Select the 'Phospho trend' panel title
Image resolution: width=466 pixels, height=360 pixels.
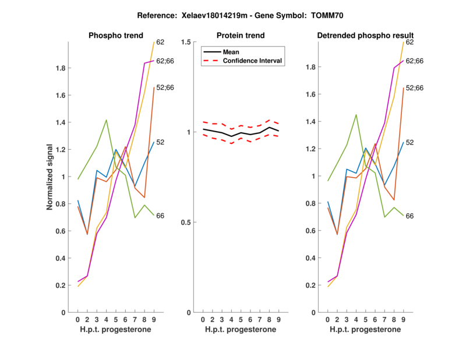[116, 36]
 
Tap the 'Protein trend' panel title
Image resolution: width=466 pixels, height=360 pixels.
[241, 36]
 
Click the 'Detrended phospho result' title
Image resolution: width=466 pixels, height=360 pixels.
[365, 36]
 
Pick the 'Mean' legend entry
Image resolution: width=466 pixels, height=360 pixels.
[231, 52]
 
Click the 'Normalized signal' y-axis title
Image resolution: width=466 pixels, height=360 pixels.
[50, 177]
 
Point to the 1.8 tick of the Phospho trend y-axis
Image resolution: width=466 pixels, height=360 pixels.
[63, 68]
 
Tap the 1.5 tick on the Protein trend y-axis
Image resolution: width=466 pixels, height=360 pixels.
[186, 42]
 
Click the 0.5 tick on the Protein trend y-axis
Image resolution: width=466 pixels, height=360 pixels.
[186, 223]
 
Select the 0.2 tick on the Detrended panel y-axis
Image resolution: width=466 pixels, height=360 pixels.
[313, 285]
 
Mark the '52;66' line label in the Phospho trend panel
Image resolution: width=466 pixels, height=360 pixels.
[165, 88]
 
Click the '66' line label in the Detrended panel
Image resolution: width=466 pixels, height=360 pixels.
[409, 216]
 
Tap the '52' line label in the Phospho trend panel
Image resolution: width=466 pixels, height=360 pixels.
[160, 142]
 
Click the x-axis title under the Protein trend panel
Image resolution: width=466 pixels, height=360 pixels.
[241, 330]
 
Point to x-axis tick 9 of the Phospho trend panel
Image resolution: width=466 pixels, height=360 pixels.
[154, 320]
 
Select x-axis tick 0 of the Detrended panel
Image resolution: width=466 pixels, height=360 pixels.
[328, 320]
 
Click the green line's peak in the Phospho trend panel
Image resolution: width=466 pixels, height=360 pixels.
[107, 120]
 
